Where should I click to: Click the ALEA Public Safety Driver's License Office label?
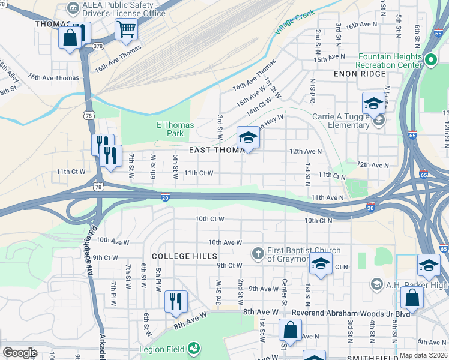point(124,9)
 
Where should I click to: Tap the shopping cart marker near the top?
point(126,29)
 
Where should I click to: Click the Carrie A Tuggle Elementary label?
point(340,121)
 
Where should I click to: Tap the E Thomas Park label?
point(175,129)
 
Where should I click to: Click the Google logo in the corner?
point(20,353)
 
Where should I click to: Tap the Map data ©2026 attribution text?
point(423,355)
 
